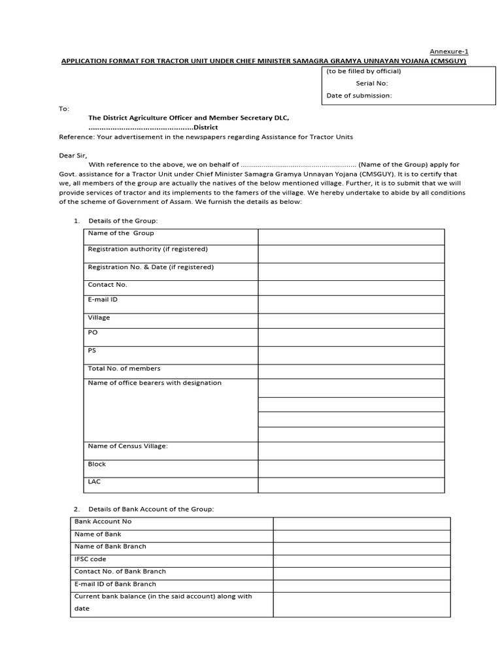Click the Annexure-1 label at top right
click(448, 52)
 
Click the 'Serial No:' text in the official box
click(372, 83)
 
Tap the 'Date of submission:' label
click(359, 95)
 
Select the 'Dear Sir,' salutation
click(72, 155)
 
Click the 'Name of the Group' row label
click(121, 233)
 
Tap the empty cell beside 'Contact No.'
click(351, 287)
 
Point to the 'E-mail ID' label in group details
click(103, 299)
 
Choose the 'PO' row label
click(93, 333)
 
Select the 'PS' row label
click(92, 350)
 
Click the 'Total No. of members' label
click(124, 368)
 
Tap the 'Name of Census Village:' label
click(128, 446)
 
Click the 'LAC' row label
click(94, 481)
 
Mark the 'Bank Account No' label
click(103, 521)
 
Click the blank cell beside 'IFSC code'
click(361, 561)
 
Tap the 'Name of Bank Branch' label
click(110, 546)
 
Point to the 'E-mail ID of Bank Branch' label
click(115, 584)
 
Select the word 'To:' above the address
click(64, 108)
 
